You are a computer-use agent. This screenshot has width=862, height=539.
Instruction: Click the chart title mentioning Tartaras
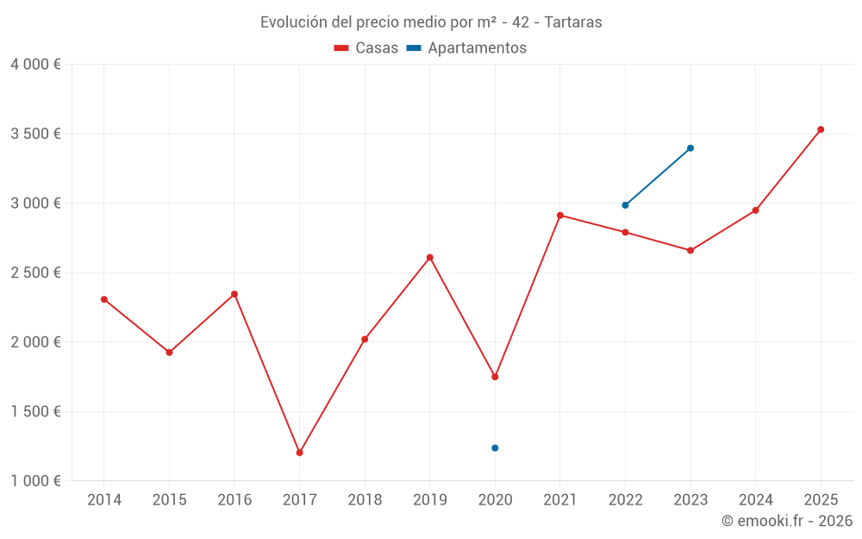click(431, 22)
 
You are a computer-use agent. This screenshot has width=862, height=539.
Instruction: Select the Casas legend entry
click(366, 48)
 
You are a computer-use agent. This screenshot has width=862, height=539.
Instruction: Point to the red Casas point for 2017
click(299, 453)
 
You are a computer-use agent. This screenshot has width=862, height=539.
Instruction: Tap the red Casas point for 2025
click(821, 129)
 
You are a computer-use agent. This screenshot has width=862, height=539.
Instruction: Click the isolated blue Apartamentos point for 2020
click(495, 448)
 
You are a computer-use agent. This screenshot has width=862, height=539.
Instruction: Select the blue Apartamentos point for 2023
click(690, 148)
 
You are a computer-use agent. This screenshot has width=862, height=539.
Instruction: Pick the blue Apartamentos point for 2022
click(625, 205)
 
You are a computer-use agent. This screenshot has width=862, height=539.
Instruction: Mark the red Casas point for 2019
click(429, 257)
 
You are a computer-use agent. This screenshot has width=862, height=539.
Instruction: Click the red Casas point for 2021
click(560, 216)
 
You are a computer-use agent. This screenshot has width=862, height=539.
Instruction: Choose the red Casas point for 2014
click(104, 299)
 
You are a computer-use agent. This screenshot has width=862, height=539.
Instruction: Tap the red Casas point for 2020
click(495, 377)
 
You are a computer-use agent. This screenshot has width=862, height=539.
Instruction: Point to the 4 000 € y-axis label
click(35, 65)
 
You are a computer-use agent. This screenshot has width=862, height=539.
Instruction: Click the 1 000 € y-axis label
click(35, 481)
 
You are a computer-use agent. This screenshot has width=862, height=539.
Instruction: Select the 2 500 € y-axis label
click(35, 273)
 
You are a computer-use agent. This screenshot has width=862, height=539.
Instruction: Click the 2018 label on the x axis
click(365, 499)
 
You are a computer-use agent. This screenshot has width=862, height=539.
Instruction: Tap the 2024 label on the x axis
click(755, 499)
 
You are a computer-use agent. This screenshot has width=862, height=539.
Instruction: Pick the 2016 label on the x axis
click(234, 499)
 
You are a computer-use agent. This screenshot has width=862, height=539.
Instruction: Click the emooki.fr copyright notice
click(786, 521)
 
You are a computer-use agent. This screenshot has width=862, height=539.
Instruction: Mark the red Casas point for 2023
click(690, 250)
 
